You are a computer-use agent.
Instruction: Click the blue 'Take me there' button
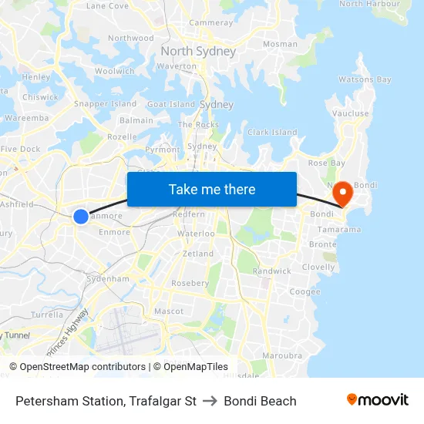[x=212, y=189]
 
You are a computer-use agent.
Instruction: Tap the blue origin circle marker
[x=81, y=217]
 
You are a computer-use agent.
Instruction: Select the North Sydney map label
[x=198, y=52]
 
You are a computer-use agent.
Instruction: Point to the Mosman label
[x=280, y=45]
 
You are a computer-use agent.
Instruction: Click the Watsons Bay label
[x=365, y=79]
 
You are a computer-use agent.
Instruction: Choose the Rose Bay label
[x=326, y=163]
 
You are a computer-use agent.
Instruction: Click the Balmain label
[x=136, y=120]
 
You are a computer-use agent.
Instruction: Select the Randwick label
[x=272, y=271]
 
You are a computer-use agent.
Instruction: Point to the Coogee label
[x=305, y=292]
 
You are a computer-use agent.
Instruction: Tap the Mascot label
[x=169, y=311]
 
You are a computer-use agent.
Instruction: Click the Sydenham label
[x=107, y=278]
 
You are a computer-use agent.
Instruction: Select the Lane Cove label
[x=107, y=5]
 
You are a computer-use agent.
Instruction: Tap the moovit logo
[x=377, y=400]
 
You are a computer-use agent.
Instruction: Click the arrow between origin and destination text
[x=210, y=401]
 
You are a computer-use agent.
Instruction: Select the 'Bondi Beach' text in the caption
[x=260, y=401]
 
